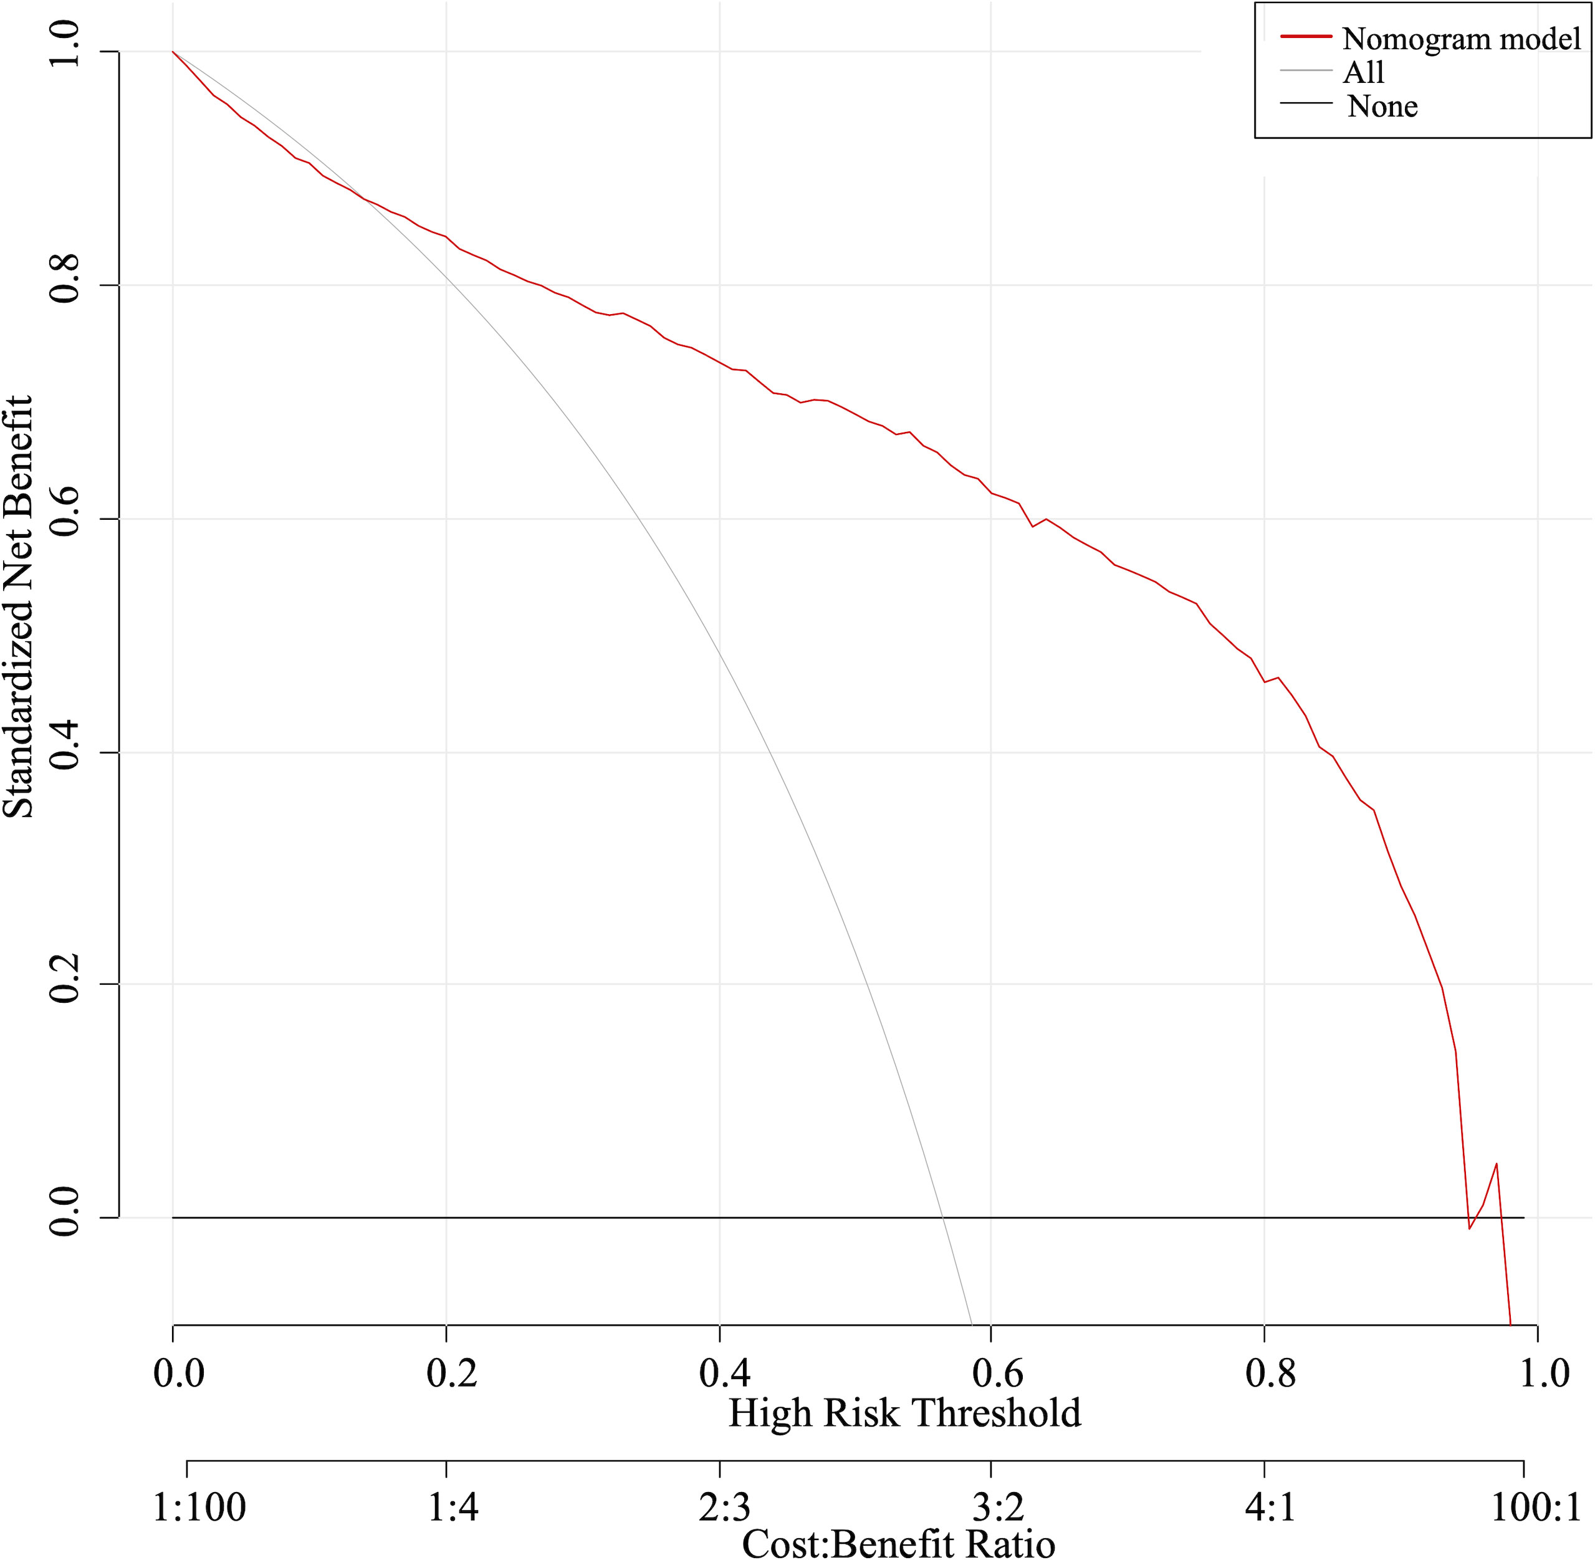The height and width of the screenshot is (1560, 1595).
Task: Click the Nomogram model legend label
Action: (1460, 39)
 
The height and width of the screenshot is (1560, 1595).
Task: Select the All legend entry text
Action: (1363, 72)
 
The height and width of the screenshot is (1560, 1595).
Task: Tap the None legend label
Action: (1382, 107)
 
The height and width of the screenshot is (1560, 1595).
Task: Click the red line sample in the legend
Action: (1306, 37)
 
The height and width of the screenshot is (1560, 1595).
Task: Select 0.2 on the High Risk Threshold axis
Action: (451, 1373)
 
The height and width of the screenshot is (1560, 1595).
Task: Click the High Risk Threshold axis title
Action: (904, 1414)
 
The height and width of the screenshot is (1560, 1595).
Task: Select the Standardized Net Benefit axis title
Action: (18, 606)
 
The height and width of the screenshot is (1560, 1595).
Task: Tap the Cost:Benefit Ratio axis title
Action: (898, 1544)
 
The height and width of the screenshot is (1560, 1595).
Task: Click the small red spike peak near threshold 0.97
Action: (1496, 1164)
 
